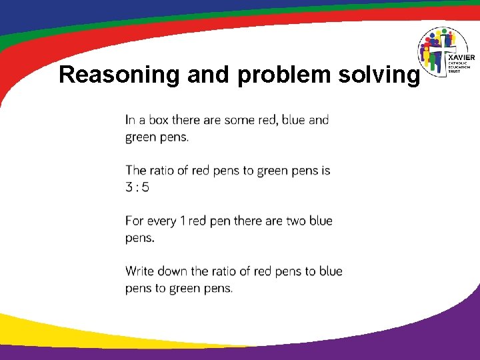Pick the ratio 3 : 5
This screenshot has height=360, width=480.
click(137, 187)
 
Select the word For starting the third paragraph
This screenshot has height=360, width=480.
click(133, 221)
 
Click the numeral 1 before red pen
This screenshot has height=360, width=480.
click(182, 221)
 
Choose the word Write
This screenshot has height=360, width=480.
click(140, 271)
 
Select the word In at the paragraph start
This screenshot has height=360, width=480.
click(130, 120)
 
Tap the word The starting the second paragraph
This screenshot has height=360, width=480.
click(135, 171)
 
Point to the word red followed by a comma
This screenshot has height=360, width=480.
click(267, 120)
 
